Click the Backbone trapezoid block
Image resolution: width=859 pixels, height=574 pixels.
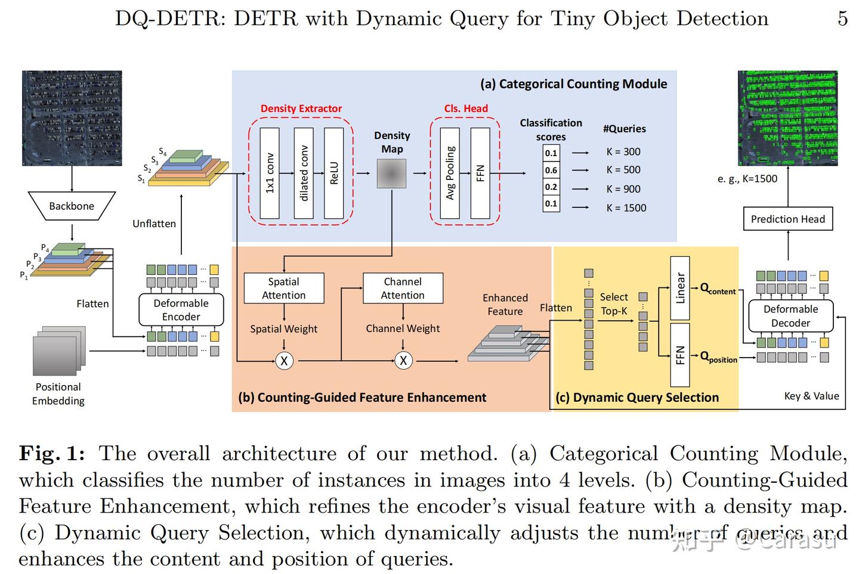[x=72, y=206]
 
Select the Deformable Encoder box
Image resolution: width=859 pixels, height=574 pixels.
[x=181, y=310]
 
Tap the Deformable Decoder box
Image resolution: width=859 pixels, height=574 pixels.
[x=790, y=316]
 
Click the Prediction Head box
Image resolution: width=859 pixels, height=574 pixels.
[x=787, y=219]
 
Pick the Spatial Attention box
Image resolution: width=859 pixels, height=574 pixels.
[x=284, y=288]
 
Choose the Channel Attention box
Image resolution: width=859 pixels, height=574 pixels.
[x=403, y=288]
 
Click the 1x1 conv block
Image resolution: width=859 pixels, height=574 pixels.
[x=270, y=173]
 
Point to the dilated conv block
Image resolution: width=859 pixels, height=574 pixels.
[x=303, y=173]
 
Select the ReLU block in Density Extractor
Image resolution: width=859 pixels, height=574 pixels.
[x=334, y=173]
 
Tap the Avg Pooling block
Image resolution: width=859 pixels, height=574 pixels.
[x=450, y=173]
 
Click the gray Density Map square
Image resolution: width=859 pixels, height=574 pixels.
[x=391, y=173]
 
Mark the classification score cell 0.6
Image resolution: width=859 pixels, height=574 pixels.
[x=551, y=170]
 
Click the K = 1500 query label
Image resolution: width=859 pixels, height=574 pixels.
[x=626, y=207]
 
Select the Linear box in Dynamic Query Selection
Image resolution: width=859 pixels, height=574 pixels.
[x=680, y=288]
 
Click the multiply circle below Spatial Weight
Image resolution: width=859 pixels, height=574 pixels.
[x=284, y=361]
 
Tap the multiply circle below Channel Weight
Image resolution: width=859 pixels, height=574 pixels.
[x=403, y=361]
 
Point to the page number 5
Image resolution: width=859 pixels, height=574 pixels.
[x=842, y=18]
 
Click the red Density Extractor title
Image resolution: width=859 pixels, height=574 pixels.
[x=301, y=108]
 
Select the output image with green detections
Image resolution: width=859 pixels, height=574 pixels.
[x=787, y=118]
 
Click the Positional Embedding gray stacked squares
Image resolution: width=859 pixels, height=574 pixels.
[x=58, y=351]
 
